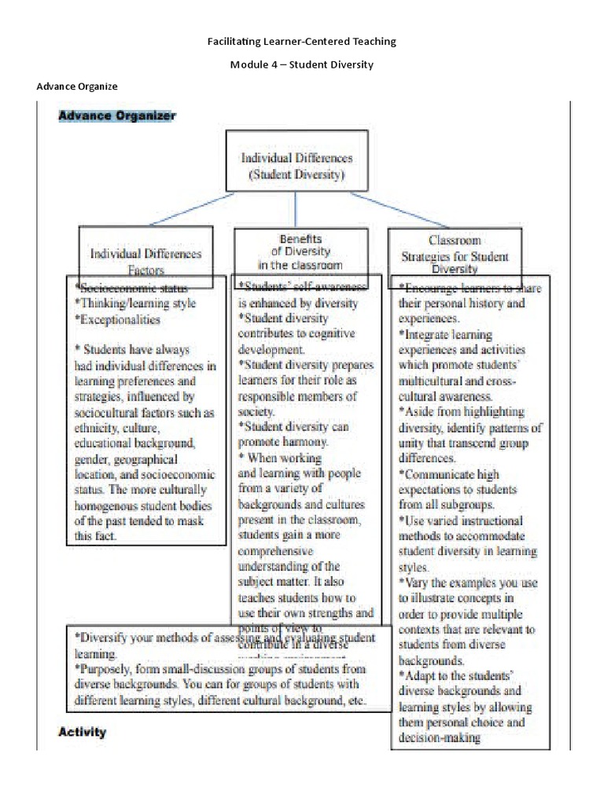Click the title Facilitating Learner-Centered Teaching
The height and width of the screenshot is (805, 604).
coord(301,41)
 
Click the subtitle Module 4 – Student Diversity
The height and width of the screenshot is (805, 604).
coord(301,64)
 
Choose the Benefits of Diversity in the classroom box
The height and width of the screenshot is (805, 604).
coord(300,251)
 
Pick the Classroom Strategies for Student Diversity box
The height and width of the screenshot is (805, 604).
coord(455,250)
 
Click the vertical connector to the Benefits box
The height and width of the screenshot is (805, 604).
coord(296,210)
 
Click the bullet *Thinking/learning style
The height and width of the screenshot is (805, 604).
coord(135,303)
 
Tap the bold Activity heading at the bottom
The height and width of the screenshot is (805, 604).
coord(83,732)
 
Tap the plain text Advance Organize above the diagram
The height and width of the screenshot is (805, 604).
coord(77,86)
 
